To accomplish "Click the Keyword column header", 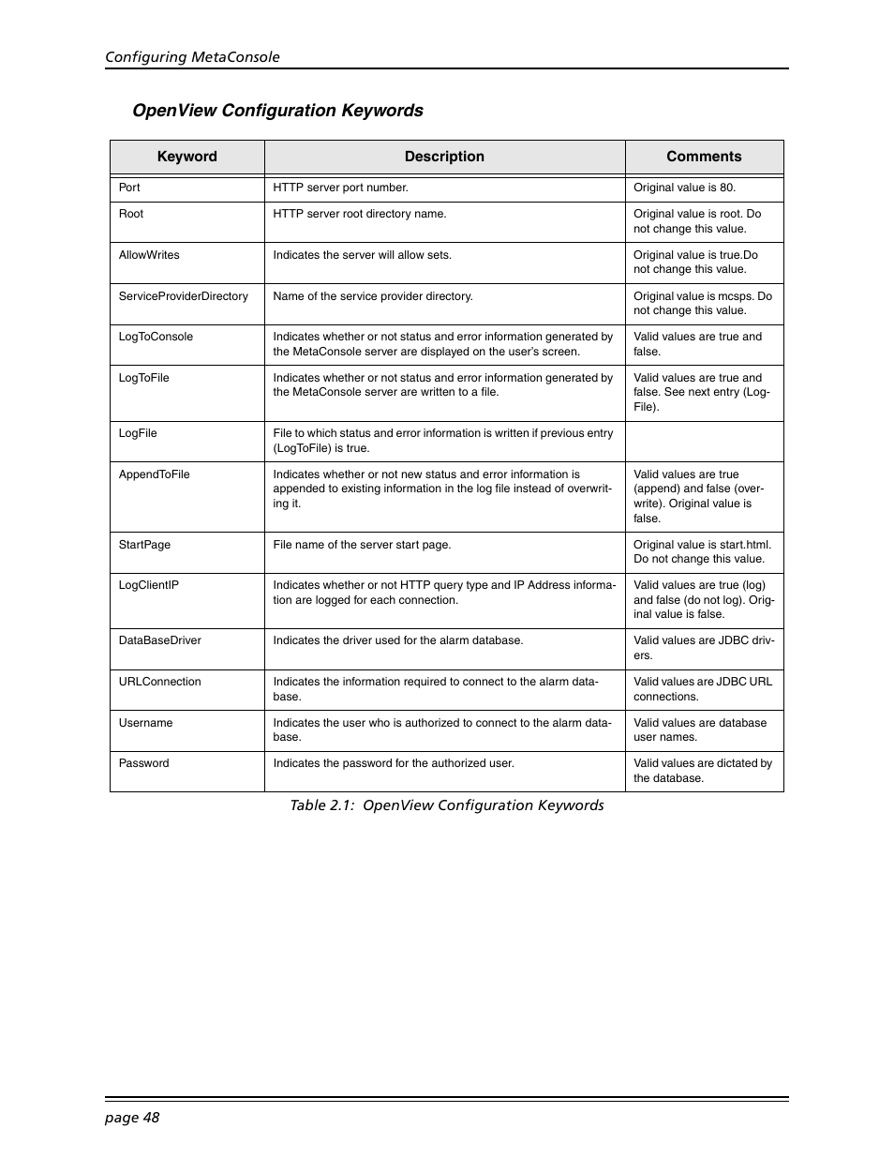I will [186, 157].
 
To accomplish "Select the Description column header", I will [444, 157].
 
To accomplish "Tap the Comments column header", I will [704, 157].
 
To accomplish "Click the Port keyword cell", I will [130, 188].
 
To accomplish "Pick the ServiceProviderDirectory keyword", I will [184, 296].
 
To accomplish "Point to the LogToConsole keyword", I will [156, 337].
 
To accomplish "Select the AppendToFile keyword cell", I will [155, 474].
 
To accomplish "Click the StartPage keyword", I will [144, 545].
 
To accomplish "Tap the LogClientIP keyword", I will [149, 585].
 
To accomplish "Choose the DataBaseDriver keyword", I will [160, 640].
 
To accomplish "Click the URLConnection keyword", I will [160, 682].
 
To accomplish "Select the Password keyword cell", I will [144, 763].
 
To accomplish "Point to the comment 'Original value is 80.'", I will [684, 188].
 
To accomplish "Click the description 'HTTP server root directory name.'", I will [360, 214].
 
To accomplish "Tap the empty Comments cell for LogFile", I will [704, 442].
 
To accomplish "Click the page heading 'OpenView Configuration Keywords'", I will [277, 111].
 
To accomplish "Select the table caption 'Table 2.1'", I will [446, 805].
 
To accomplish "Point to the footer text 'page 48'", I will [132, 1117].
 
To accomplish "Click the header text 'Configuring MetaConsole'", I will [192, 57].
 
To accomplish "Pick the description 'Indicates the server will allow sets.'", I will [362, 255].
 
